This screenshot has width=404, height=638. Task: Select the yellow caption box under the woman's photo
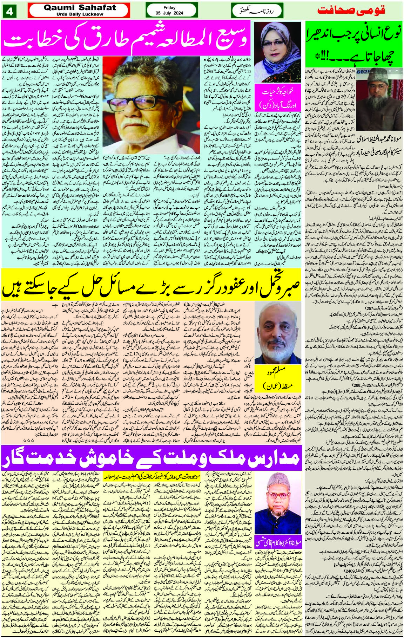(277, 100)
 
